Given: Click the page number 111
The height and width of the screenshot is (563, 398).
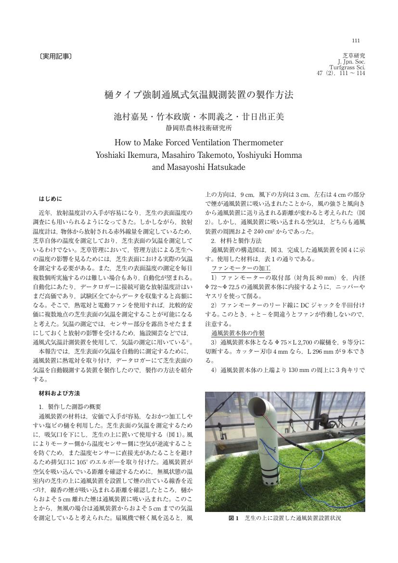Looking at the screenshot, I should [356, 40].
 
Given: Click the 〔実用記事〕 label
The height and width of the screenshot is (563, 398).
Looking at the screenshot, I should [55, 57].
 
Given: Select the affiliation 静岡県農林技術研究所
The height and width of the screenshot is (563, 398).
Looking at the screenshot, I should [199, 128].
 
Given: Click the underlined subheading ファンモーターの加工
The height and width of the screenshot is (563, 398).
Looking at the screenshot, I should [241, 268].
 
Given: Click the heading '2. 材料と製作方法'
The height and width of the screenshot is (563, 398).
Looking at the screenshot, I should [236, 240].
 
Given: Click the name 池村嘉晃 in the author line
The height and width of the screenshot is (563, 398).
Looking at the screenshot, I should [130, 117].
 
